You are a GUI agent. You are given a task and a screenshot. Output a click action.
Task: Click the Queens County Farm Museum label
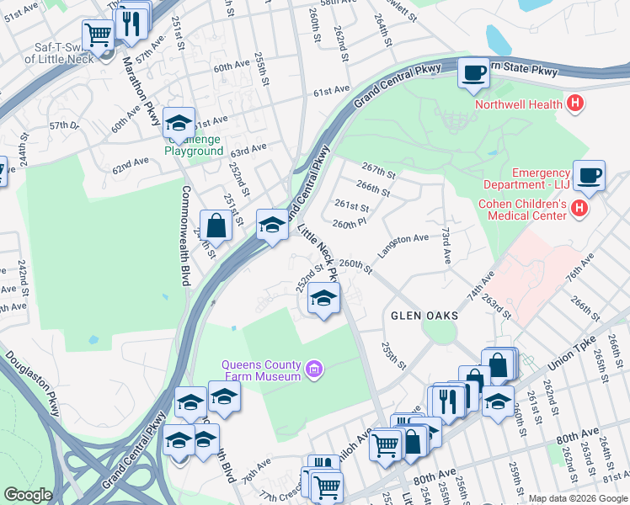[x=260, y=370]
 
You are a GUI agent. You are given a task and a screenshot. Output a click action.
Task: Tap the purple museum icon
[x=315, y=368]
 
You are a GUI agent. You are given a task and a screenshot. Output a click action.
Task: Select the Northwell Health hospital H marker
[x=575, y=104]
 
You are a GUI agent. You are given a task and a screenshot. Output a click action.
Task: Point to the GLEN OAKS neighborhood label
[x=424, y=316]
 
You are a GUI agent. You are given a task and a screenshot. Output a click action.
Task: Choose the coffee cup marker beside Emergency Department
[x=590, y=175]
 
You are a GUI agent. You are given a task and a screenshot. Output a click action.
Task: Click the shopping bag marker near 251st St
[x=216, y=226]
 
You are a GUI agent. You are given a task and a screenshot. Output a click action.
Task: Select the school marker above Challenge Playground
[x=179, y=124]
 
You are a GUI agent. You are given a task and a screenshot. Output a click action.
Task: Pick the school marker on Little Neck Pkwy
[x=323, y=298]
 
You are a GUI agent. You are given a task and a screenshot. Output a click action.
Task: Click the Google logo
[x=28, y=496]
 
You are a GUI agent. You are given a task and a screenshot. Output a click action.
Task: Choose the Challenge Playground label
[x=193, y=145]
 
